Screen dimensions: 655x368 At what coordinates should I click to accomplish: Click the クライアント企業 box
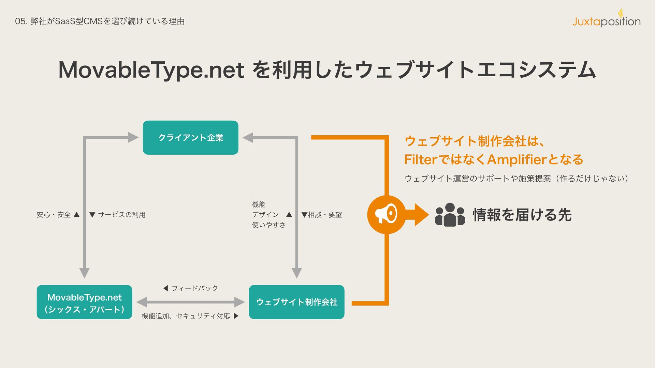pyautogui.click(x=190, y=138)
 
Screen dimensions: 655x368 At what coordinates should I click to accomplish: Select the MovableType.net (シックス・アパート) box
pyautogui.click(x=84, y=302)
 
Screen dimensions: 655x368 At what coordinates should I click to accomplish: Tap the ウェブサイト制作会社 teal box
pyautogui.click(x=296, y=302)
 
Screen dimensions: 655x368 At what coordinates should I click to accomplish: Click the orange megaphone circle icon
pyautogui.click(x=386, y=215)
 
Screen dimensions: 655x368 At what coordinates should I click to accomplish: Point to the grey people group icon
pyautogui.click(x=450, y=215)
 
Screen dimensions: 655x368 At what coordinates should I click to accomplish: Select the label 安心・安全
pyautogui.click(x=54, y=215)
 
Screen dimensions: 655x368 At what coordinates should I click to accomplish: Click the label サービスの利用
pyautogui.click(x=121, y=215)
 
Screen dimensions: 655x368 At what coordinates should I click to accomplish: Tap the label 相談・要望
pyautogui.click(x=325, y=215)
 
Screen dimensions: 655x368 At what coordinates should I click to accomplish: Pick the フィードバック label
pyautogui.click(x=194, y=288)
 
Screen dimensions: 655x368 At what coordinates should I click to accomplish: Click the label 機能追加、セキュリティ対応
pyautogui.click(x=186, y=316)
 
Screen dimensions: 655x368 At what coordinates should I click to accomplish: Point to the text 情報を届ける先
pyautogui.click(x=522, y=215)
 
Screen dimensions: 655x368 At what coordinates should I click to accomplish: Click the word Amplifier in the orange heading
pyautogui.click(x=516, y=159)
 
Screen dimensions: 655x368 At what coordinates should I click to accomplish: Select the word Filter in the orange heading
pyautogui.click(x=420, y=159)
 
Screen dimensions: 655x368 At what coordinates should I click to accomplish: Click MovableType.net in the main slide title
pyautogui.click(x=151, y=70)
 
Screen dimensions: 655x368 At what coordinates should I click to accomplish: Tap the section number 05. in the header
pyautogui.click(x=21, y=21)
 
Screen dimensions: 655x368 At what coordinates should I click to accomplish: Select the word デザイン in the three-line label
pyautogui.click(x=265, y=215)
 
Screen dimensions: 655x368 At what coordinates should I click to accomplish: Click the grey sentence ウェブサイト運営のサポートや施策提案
pyautogui.click(x=478, y=179)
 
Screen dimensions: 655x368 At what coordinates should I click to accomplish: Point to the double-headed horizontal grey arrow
pyautogui.click(x=190, y=302)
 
